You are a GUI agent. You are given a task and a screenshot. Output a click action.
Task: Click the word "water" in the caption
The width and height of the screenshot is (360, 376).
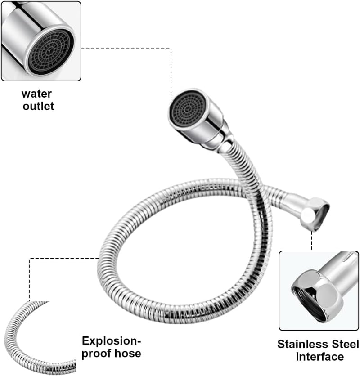click(36, 94)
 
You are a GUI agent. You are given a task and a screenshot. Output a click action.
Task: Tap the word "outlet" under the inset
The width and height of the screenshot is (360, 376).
click(38, 106)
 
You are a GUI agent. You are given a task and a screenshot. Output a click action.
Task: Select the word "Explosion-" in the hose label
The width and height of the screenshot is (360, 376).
click(111, 341)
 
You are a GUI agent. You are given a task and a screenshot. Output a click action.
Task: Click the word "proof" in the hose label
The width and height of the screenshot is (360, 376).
click(96, 354)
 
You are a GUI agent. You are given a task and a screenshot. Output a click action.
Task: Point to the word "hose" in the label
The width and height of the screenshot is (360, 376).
click(128, 353)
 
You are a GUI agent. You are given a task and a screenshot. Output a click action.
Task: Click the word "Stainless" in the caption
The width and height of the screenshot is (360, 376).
click(303, 345)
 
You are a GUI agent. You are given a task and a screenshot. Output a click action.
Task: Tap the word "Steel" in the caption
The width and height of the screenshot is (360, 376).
click(345, 345)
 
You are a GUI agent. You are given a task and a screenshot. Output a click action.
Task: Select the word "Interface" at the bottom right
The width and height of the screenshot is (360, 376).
click(319, 357)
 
